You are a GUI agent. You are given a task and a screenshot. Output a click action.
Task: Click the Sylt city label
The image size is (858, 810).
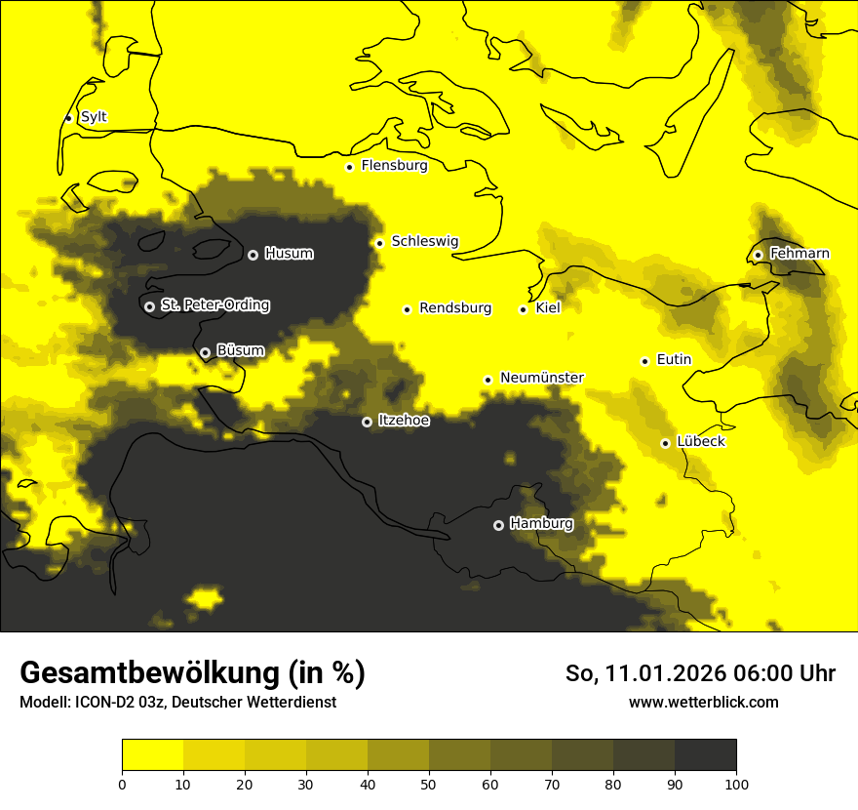point(94,117)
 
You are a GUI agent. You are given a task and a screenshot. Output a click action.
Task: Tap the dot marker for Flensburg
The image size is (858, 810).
point(349,167)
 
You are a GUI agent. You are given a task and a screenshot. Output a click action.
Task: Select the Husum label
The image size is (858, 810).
point(289,254)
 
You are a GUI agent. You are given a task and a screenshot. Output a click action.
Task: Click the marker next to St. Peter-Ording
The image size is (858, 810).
point(149,306)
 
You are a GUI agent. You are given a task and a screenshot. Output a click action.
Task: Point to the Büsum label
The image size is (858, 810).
point(240,350)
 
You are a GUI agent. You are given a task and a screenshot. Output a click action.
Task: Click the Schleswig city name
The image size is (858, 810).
point(424,241)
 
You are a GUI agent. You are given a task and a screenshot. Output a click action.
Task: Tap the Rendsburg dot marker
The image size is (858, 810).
point(407,309)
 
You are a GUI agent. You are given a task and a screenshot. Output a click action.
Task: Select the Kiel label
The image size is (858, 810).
point(548,308)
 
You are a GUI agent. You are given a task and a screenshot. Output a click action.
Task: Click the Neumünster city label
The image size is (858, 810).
point(541,378)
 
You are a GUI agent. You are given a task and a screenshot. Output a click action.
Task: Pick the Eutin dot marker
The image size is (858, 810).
point(644,361)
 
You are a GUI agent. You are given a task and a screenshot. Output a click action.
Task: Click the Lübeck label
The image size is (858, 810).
point(700,442)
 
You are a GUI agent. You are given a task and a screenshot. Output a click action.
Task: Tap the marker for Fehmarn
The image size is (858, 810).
point(758,255)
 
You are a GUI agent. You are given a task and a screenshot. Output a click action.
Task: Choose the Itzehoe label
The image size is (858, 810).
point(404,421)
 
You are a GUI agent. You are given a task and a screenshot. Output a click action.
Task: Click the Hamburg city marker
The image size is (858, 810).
point(498,525)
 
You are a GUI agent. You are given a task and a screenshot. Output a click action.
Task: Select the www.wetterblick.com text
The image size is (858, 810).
point(703,703)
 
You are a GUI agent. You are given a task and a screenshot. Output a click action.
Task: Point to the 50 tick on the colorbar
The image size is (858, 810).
point(429,783)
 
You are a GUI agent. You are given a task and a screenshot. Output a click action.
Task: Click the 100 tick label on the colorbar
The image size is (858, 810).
point(735,783)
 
